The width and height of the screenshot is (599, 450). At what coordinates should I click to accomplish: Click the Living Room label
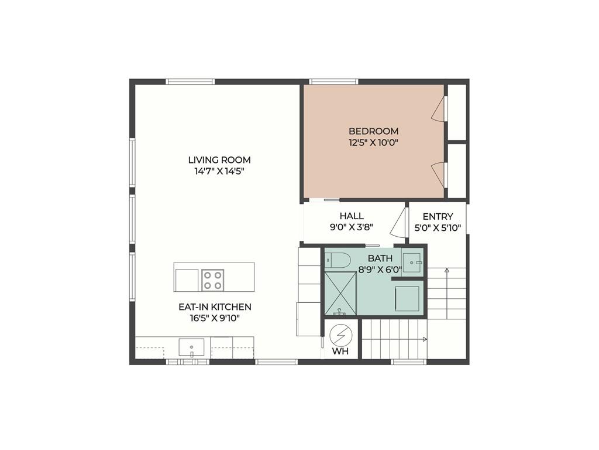coord(219,160)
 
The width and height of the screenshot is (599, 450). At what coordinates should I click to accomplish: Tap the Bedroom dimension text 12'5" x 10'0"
coord(373,142)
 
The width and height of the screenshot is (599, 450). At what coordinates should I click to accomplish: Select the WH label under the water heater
coord(340,352)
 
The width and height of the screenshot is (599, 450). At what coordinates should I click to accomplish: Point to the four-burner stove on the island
coord(213,279)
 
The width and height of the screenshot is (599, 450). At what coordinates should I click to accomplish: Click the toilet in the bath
coord(338,258)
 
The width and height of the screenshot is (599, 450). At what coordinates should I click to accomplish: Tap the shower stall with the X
coord(340,292)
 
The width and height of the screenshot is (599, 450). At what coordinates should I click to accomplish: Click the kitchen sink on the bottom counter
coord(192,347)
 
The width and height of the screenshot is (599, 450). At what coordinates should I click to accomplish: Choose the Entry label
coord(438,217)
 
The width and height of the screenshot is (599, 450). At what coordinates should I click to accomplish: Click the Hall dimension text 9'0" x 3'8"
coord(352,227)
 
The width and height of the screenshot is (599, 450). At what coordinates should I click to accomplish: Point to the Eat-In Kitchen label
coord(215,307)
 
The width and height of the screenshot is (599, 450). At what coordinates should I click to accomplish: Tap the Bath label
coord(380,258)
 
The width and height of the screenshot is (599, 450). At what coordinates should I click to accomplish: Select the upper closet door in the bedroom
coord(439,110)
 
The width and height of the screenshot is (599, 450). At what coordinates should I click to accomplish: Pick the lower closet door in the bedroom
coord(439,174)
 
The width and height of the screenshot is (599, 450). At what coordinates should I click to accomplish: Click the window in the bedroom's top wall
coord(333,81)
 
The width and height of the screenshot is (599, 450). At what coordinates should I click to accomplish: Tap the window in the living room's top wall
coord(190,81)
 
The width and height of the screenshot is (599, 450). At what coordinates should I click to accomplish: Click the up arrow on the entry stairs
coord(446,271)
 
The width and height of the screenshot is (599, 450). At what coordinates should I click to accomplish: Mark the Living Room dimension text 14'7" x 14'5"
coord(219,172)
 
